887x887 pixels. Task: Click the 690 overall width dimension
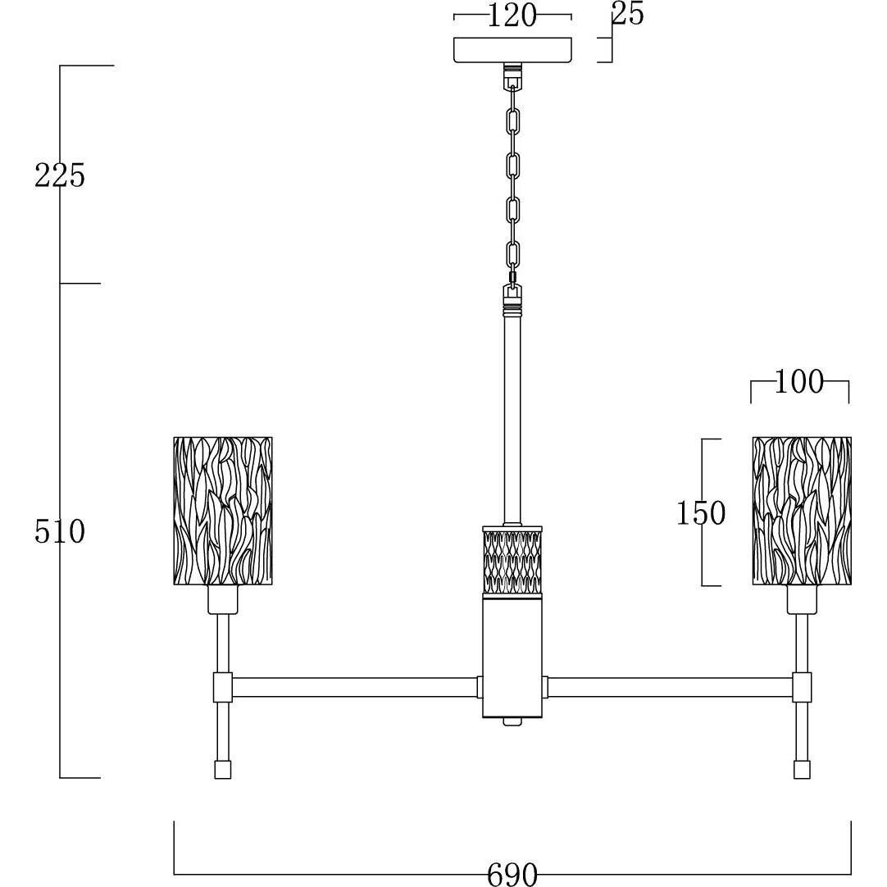pyautogui.click(x=512, y=874)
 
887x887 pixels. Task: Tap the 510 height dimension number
pyautogui.click(x=59, y=532)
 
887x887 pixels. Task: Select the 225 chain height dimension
pyautogui.click(x=59, y=175)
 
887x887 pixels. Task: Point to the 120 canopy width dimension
pyautogui.click(x=512, y=16)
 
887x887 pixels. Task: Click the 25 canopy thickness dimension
pyautogui.click(x=628, y=14)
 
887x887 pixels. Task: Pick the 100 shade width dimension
pyautogui.click(x=798, y=382)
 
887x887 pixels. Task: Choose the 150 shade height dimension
pyautogui.click(x=701, y=513)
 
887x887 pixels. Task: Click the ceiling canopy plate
pyautogui.click(x=512, y=50)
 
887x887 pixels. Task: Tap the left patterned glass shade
pyautogui.click(x=223, y=510)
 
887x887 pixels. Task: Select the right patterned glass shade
pyautogui.click(x=802, y=510)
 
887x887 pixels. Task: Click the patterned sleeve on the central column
pyautogui.click(x=512, y=559)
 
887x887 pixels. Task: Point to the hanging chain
pyautogui.click(x=513, y=184)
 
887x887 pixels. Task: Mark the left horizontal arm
pyautogui.click(x=354, y=687)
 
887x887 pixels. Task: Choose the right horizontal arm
pyautogui.click(x=671, y=687)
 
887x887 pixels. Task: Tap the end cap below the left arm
pyautogui.click(x=223, y=769)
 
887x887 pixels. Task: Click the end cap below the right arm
pyautogui.click(x=802, y=769)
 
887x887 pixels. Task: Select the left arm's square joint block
pyautogui.click(x=223, y=687)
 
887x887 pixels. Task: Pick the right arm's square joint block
pyautogui.click(x=802, y=687)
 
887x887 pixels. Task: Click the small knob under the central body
pyautogui.click(x=512, y=721)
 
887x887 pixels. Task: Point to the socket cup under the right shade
pyautogui.click(x=802, y=599)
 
